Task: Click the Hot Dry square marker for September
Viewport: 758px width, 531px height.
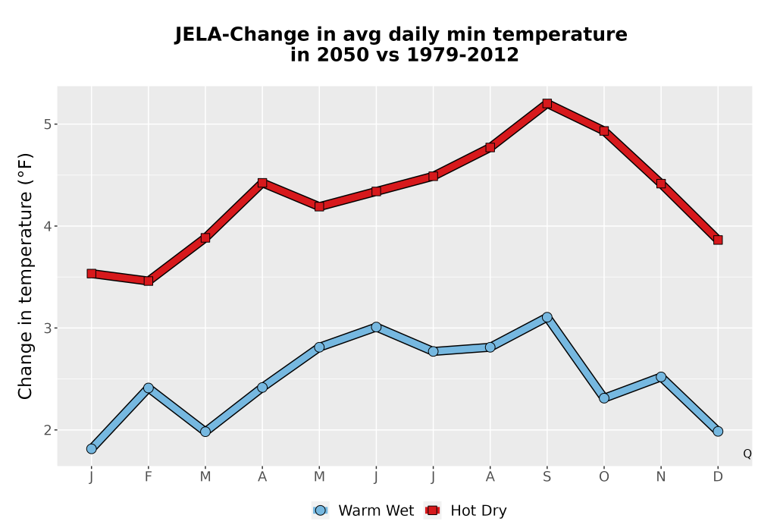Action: (x=547, y=103)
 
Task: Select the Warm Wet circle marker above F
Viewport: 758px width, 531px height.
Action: (x=149, y=388)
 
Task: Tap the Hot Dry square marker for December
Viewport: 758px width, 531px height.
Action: (x=718, y=240)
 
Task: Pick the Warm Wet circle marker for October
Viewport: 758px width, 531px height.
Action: (x=604, y=398)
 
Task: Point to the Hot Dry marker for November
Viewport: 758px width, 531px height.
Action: (x=661, y=184)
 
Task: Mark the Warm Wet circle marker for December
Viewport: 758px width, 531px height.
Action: (x=718, y=432)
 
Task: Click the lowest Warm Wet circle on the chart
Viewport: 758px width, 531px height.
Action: (x=92, y=449)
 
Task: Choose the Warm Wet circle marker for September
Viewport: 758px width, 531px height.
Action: (x=547, y=317)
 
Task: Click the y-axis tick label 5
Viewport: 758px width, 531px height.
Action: (x=47, y=124)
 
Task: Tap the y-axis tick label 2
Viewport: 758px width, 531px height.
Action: (x=47, y=430)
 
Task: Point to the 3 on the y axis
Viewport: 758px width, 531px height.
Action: (x=47, y=328)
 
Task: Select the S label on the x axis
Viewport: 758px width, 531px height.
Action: (x=547, y=477)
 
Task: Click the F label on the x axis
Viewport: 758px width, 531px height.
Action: (x=149, y=477)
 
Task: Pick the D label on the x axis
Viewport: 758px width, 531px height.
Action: (x=718, y=477)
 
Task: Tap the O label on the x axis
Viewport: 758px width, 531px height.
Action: (x=604, y=477)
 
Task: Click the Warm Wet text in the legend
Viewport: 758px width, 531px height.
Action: (x=376, y=511)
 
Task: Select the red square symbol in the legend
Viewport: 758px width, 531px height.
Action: (x=433, y=511)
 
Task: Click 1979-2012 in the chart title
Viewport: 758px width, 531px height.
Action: (x=462, y=55)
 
